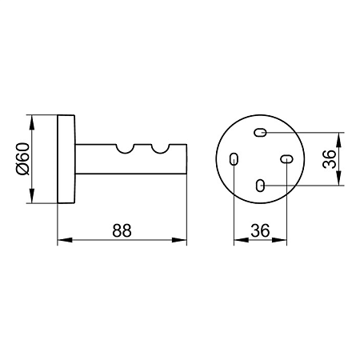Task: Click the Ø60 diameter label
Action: (22, 158)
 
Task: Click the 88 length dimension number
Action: (122, 230)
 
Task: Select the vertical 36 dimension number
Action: (329, 159)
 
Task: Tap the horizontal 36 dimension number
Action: (260, 230)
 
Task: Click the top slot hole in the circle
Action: (260, 132)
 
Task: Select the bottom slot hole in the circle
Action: (260, 186)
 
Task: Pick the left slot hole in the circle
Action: (234, 159)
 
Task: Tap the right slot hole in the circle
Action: (286, 159)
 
